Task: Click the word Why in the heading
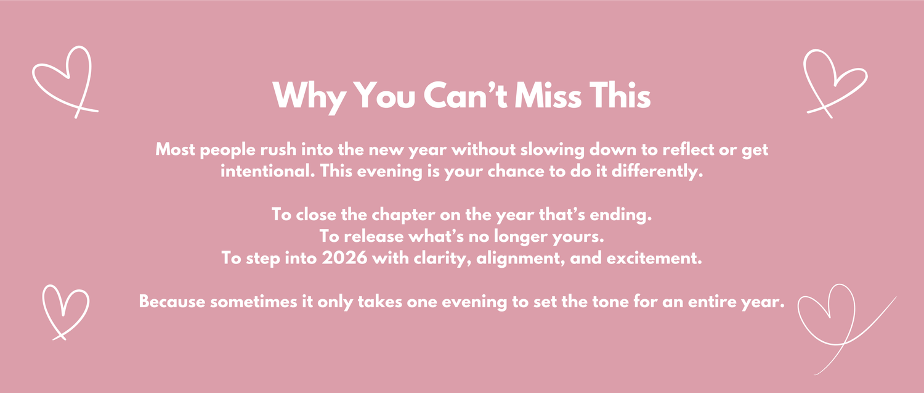coord(309,97)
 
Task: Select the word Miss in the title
coord(549,95)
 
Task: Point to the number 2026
coord(344,258)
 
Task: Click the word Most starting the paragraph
coord(176,149)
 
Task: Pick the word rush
coord(278,149)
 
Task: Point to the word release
coord(374,236)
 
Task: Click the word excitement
coord(654,258)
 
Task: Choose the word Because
coord(172,301)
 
